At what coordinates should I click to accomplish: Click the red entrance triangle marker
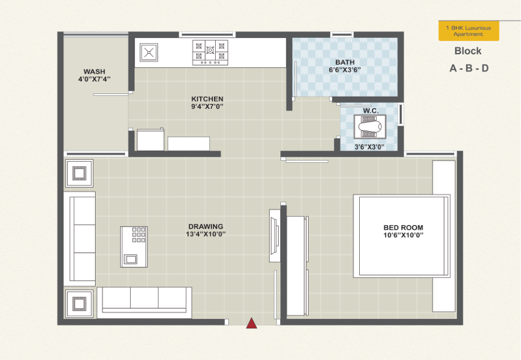pyautogui.click(x=251, y=323)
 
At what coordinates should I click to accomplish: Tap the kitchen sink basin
pyautogui.click(x=148, y=52)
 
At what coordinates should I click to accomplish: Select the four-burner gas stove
pyautogui.click(x=210, y=52)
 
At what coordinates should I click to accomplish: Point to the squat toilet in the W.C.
pyautogui.click(x=370, y=127)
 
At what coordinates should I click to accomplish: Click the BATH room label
pyautogui.click(x=345, y=62)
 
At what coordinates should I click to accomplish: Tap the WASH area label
pyautogui.click(x=95, y=72)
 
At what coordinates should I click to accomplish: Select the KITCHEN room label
pyautogui.click(x=207, y=99)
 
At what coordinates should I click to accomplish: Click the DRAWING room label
pyautogui.click(x=206, y=227)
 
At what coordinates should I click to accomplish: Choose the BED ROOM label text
pyautogui.click(x=403, y=227)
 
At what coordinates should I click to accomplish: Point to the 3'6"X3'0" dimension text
pyautogui.click(x=370, y=147)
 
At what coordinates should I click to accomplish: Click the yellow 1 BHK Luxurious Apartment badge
pyautogui.click(x=469, y=31)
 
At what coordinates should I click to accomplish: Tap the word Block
pyautogui.click(x=468, y=51)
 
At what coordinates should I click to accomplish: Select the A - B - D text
pyautogui.click(x=469, y=68)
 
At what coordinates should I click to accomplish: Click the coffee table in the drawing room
pyautogui.click(x=134, y=247)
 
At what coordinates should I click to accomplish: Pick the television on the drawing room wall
pyautogui.click(x=274, y=236)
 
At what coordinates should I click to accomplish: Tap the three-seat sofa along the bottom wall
pyautogui.click(x=145, y=303)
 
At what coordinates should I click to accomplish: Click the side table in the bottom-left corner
pyautogui.click(x=79, y=303)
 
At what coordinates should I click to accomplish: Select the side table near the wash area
pyautogui.click(x=79, y=173)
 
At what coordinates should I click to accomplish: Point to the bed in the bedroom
pyautogui.click(x=401, y=236)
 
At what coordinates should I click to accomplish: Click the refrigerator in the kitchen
pyautogui.click(x=151, y=139)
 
